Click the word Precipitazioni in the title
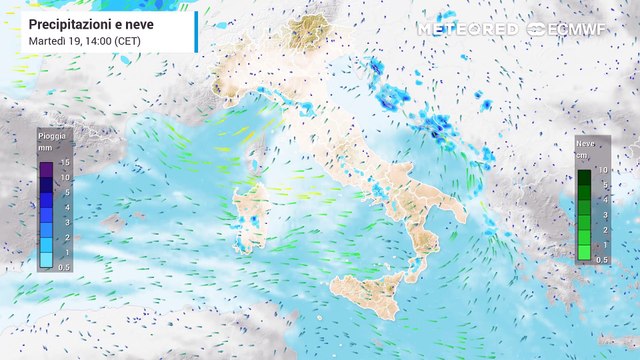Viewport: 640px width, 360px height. pos(68,22)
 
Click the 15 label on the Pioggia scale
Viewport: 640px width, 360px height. pos(64,162)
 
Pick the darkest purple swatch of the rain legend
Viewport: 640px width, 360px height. pos(47,168)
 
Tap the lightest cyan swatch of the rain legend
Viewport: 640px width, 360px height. pos(47,259)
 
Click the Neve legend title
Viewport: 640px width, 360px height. pos(585,144)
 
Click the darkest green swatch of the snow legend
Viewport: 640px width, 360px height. pos(584,178)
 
